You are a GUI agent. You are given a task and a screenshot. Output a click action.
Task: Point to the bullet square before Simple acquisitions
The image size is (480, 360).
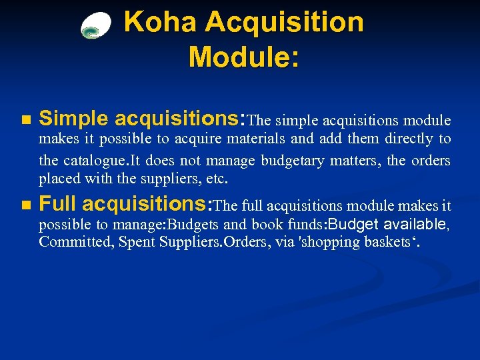[x=25, y=121]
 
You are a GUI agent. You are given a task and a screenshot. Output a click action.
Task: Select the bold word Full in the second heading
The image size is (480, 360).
[x=59, y=204]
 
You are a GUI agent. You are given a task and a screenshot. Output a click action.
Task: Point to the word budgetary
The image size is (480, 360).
[x=293, y=161]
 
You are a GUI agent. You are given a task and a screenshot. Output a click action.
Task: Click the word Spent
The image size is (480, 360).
[x=136, y=242]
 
